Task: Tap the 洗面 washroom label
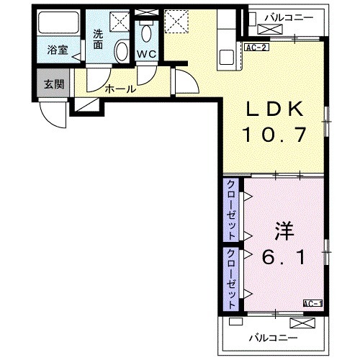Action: [x=99, y=39]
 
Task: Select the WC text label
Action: [x=148, y=53]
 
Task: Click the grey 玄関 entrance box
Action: [x=54, y=84]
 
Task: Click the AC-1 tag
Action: [x=312, y=303]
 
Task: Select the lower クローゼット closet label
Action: [x=232, y=271]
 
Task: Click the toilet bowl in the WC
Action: [x=147, y=32]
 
